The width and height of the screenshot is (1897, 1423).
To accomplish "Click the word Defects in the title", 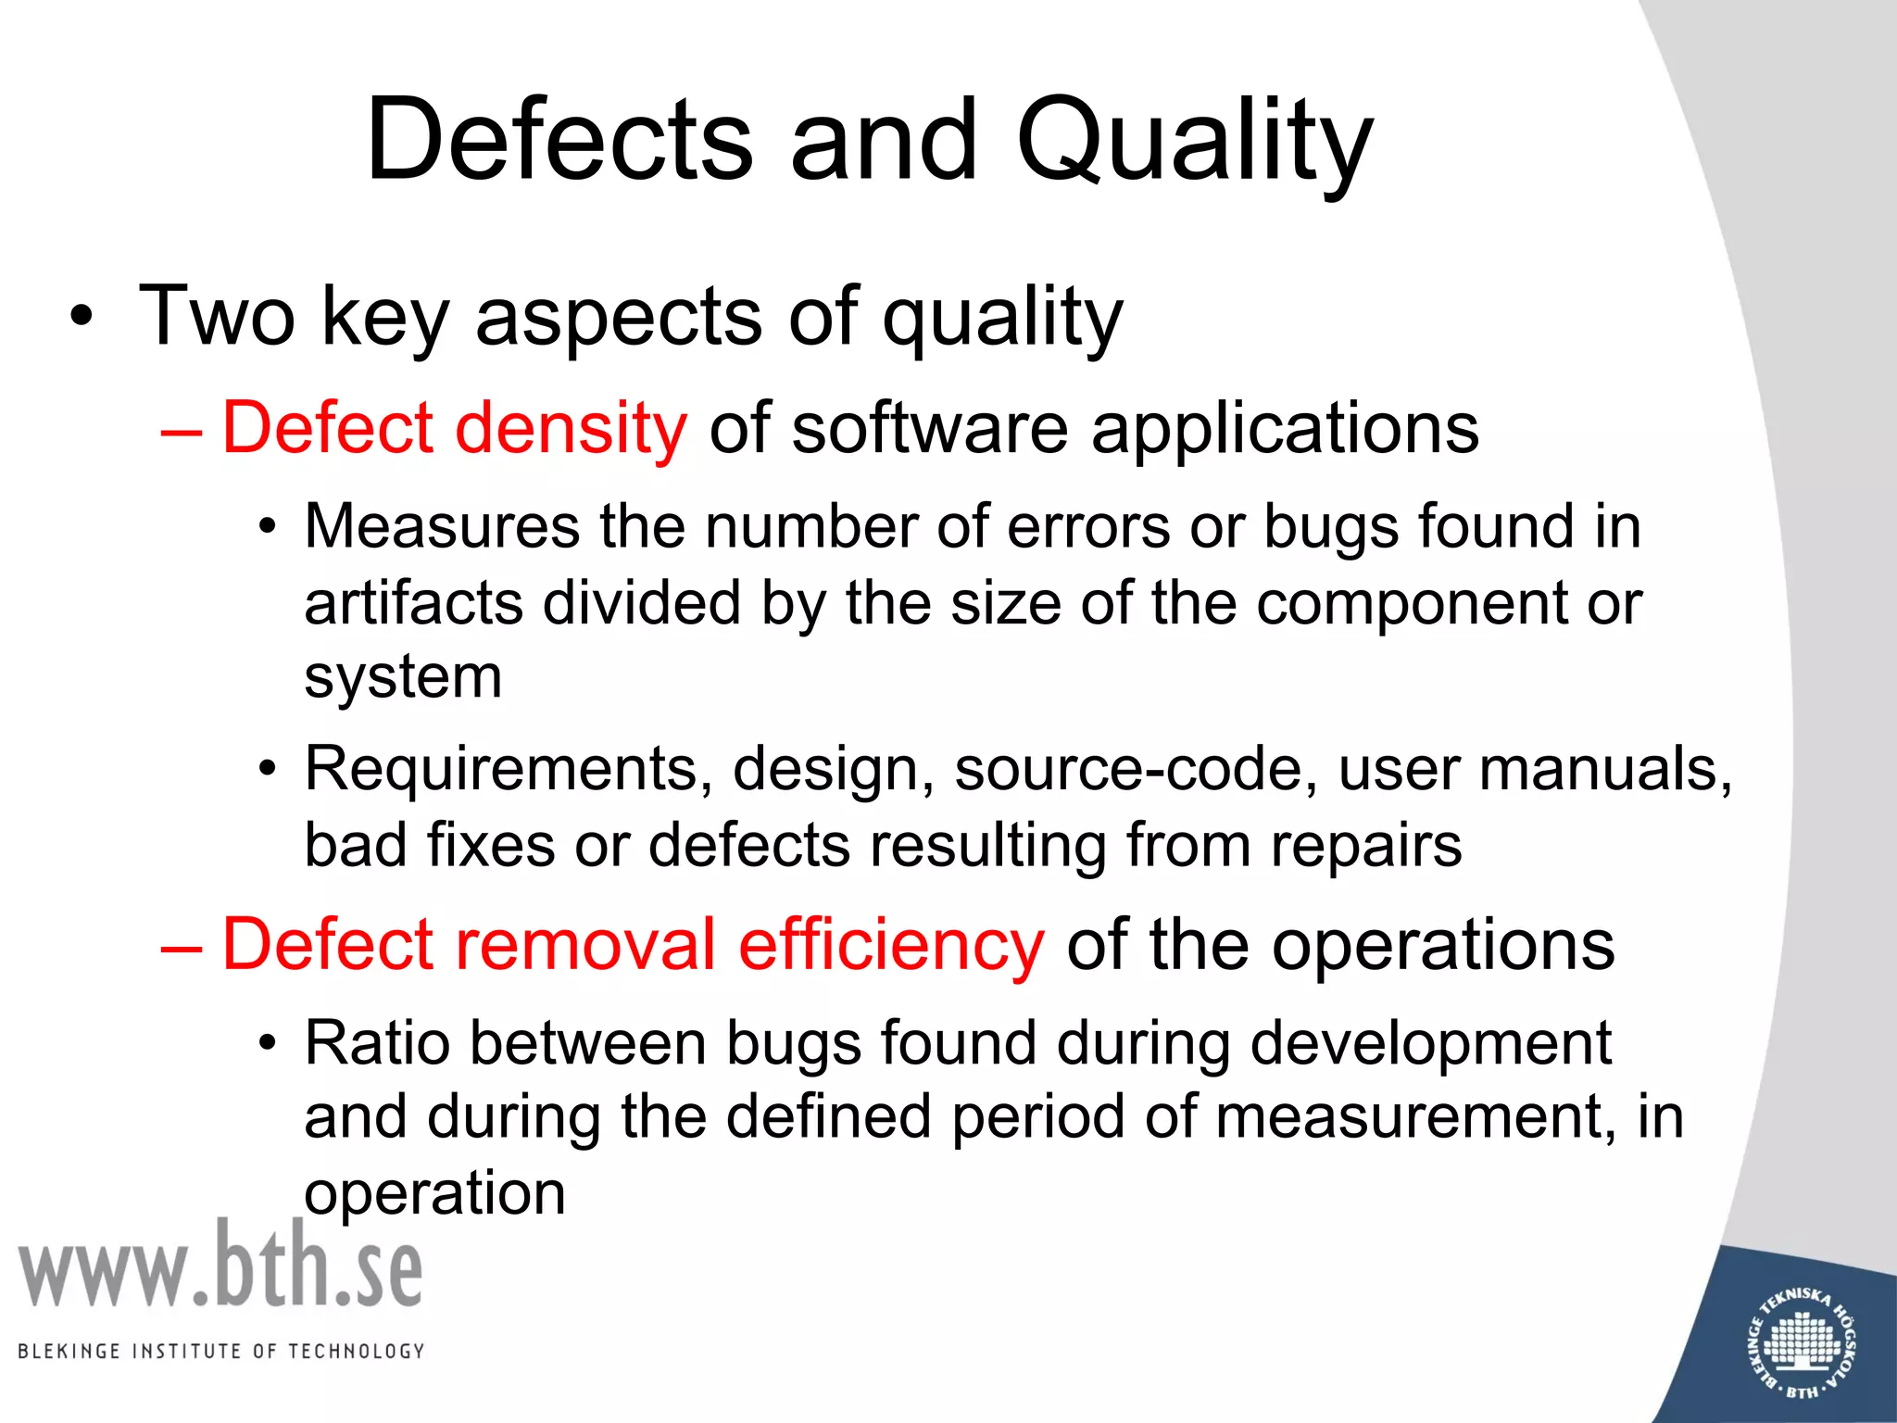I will (559, 141).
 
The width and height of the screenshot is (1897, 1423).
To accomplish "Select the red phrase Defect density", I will (454, 428).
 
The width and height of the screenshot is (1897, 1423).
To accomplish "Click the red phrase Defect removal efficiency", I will (633, 945).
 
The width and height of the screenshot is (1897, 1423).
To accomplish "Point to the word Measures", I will (442, 526).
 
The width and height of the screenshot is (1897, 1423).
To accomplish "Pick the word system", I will (403, 678).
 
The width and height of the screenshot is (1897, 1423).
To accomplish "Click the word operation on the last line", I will (434, 1193).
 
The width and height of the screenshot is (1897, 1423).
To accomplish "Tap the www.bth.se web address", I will (220, 1266).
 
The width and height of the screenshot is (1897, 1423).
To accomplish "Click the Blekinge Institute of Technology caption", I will (220, 1351).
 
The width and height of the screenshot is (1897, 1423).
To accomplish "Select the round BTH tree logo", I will (1803, 1341).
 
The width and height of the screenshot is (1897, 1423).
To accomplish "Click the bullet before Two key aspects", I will (82, 317).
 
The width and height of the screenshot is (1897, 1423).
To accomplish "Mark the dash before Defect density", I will (180, 430).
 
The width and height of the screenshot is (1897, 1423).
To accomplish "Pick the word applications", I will (1285, 428).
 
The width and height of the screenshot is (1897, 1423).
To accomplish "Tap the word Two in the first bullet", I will (217, 317).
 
